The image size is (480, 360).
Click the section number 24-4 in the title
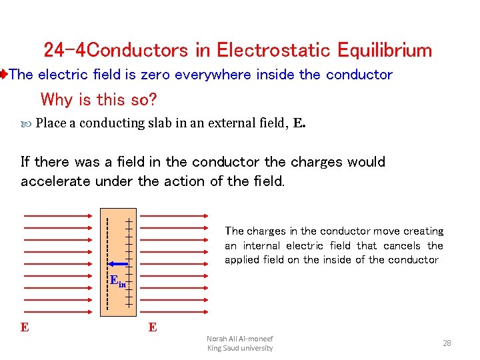[65, 50]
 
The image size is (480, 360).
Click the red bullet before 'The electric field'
[3, 75]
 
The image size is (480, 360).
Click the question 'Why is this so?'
[99, 100]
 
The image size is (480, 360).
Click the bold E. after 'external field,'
[299, 123]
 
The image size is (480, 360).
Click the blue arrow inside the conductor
[118, 263]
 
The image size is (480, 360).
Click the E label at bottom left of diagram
[25, 328]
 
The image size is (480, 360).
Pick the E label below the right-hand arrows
[153, 328]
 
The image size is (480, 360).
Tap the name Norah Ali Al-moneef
[239, 338]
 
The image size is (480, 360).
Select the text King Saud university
[239, 348]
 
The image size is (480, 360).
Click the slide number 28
[447, 343]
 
